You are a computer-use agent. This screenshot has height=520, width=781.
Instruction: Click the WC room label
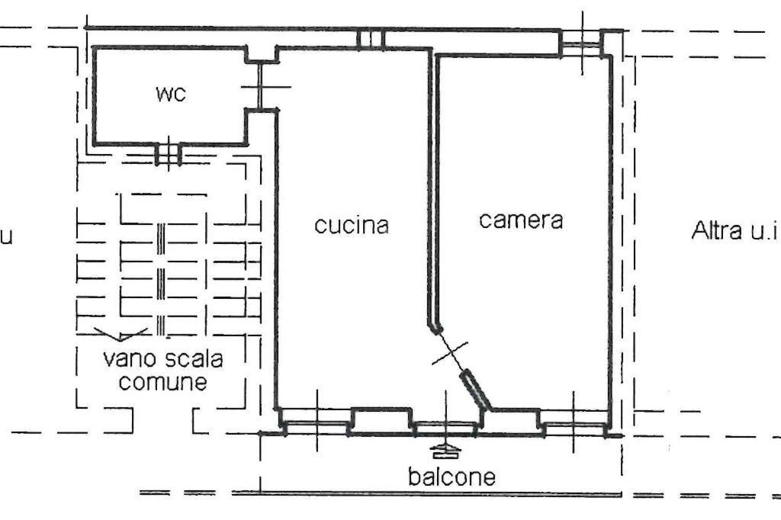(x=171, y=94)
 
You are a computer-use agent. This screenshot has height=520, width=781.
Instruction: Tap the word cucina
(x=352, y=225)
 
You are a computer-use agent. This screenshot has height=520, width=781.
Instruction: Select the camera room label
(x=521, y=220)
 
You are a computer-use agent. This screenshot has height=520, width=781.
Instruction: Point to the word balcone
(x=452, y=477)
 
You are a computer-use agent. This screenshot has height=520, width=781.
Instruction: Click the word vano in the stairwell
(x=127, y=358)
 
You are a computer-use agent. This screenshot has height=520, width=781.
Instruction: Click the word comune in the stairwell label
(x=163, y=382)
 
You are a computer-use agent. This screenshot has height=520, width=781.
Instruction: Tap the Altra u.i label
(x=734, y=230)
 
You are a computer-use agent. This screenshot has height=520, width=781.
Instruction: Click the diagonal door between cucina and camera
(x=450, y=352)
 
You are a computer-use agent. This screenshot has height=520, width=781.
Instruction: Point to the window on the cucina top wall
(x=371, y=40)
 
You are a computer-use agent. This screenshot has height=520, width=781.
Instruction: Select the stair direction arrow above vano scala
(x=121, y=334)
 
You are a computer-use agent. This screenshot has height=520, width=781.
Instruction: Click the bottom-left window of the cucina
(x=317, y=423)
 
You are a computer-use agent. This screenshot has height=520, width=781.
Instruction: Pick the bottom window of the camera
(x=574, y=424)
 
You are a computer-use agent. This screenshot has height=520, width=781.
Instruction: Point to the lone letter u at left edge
(x=5, y=236)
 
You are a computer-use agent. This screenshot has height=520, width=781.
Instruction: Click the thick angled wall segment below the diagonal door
(x=475, y=390)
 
